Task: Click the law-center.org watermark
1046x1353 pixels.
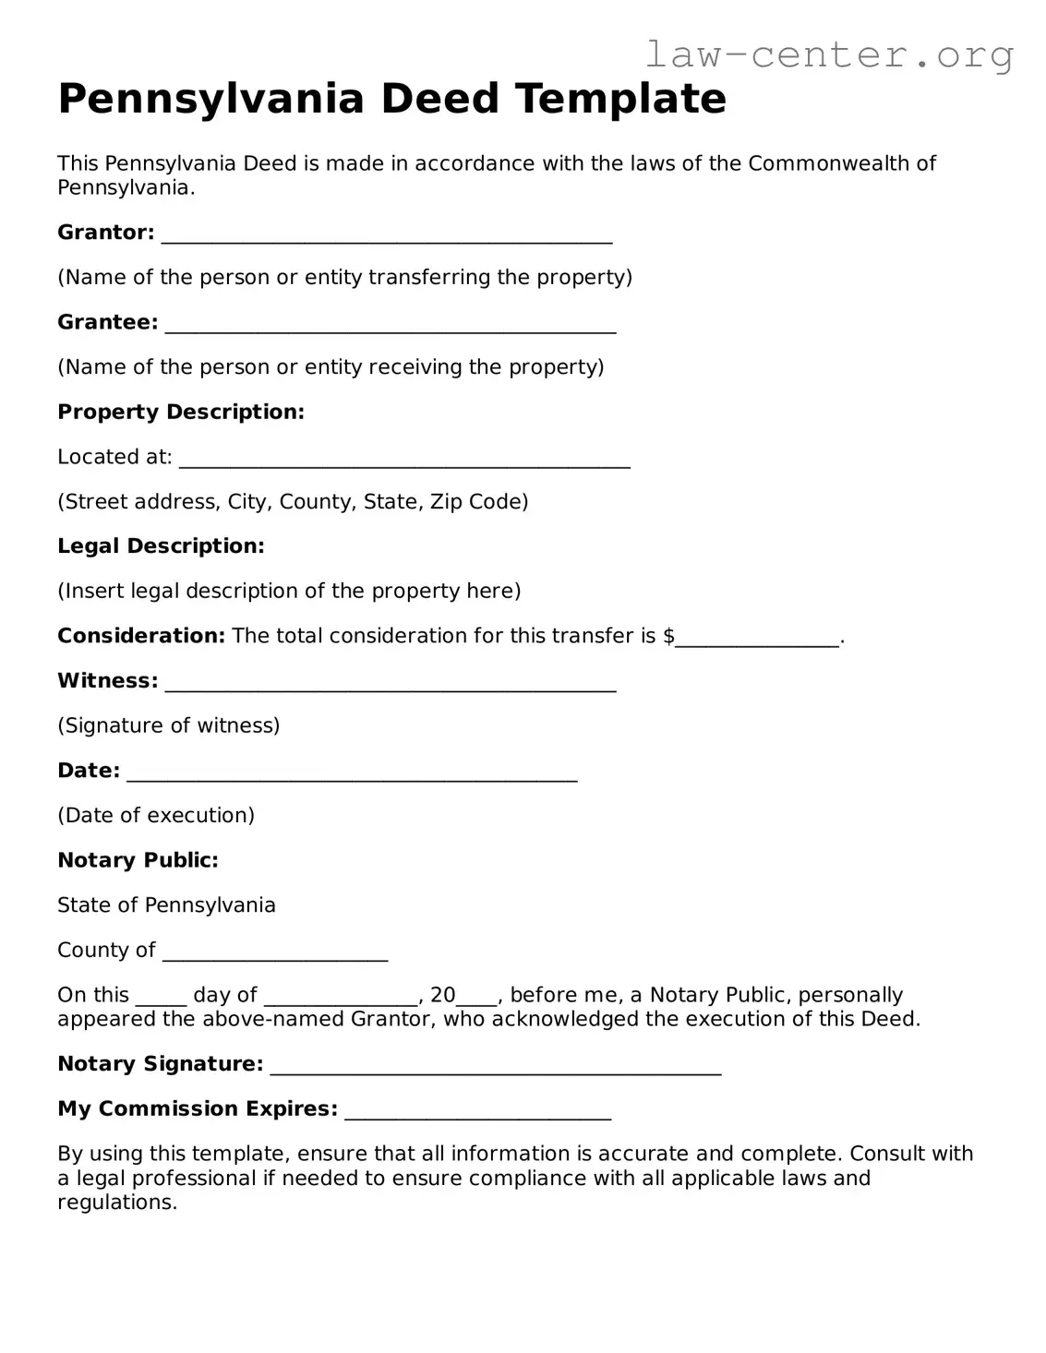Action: [828, 54]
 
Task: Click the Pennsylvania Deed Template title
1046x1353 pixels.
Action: [391, 99]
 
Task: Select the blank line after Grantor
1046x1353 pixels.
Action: [387, 234]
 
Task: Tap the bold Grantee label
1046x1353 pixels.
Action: [107, 322]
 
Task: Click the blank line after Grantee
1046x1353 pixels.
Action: [391, 324]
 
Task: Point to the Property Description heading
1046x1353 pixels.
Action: [181, 412]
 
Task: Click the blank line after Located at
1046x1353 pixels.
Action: [404, 459]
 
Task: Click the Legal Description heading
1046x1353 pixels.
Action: [161, 546]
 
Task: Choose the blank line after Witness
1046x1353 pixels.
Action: [391, 683]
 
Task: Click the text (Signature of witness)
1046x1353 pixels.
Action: [168, 725]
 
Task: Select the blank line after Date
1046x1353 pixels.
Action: [352, 772]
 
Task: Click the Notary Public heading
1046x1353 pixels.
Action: [138, 860]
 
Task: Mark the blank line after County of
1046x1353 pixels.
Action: [275, 952]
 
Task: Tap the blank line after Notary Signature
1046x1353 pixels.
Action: [496, 1066]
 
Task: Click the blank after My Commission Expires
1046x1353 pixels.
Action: [477, 1111]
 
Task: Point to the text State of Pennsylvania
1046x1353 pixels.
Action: [166, 905]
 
